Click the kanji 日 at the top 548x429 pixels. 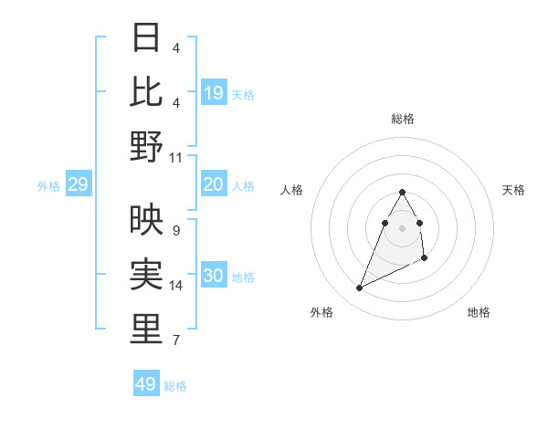point(146,37)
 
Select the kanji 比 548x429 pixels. point(146,91)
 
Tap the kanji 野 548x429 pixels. point(146,146)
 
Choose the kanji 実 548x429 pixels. point(146,274)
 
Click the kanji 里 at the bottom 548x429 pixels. point(146,329)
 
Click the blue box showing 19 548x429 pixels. point(214,93)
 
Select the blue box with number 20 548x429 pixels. point(214,185)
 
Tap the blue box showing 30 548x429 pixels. point(214,277)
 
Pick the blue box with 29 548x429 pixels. point(79,185)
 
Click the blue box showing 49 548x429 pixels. point(146,384)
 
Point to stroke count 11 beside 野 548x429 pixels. point(177,157)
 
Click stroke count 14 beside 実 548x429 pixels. point(177,286)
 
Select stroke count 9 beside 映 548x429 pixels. point(175,230)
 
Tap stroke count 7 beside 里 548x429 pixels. point(175,340)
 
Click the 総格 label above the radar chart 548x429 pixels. point(403,119)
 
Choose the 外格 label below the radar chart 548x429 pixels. point(321,312)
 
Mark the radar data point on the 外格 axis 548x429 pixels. point(360,288)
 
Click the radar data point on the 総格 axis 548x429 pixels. point(403,192)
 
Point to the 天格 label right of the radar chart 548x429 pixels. point(514,190)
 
